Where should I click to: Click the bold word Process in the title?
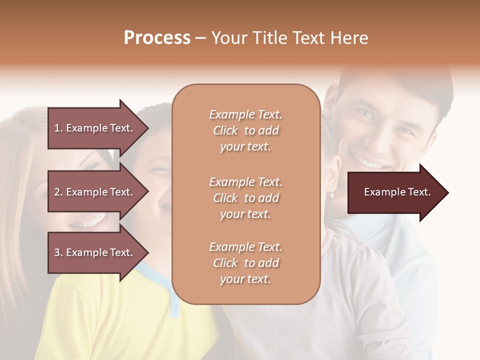coord(157,38)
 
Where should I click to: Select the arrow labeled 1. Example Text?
coord(97,128)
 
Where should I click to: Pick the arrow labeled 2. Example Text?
coord(97,192)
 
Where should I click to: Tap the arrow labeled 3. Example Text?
coord(97,252)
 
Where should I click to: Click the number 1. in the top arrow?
coord(58,128)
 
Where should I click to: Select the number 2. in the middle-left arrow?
coord(58,192)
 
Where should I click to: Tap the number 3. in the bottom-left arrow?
coord(58,252)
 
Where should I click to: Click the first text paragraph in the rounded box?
coord(245,130)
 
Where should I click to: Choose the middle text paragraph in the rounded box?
coord(245,198)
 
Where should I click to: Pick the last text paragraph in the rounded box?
coord(245,263)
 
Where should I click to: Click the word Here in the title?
coord(351,38)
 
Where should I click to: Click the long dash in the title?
coord(201,38)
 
